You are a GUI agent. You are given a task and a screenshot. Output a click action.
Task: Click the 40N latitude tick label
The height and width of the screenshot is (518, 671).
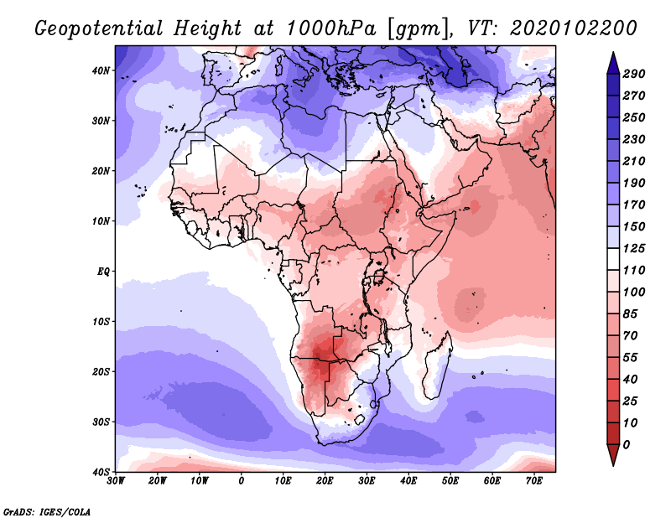(x=101, y=70)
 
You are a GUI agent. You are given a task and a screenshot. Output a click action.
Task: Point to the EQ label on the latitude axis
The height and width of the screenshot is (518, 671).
(x=103, y=272)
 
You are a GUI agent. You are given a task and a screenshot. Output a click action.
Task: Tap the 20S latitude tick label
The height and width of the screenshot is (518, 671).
(x=101, y=371)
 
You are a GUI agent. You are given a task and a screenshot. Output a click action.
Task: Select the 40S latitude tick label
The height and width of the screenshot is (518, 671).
(x=101, y=472)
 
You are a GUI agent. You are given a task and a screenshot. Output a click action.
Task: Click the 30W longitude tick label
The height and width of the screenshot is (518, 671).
(x=116, y=481)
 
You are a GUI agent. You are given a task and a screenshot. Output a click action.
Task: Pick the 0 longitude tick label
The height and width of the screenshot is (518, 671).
(x=242, y=481)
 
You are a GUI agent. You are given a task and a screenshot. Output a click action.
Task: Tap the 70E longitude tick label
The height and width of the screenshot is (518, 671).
(x=534, y=481)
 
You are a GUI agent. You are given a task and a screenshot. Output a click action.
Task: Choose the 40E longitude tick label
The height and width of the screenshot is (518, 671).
(x=408, y=481)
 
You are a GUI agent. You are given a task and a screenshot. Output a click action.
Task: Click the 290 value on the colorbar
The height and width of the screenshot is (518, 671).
(x=634, y=74)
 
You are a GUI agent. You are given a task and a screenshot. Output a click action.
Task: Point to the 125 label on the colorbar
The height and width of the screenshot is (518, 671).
(x=634, y=248)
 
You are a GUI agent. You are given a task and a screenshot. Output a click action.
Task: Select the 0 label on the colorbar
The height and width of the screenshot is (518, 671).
(x=627, y=445)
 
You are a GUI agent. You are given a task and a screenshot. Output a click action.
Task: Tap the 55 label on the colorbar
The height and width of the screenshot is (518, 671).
(x=631, y=358)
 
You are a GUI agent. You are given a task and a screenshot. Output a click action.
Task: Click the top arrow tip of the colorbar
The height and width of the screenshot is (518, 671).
(x=613, y=53)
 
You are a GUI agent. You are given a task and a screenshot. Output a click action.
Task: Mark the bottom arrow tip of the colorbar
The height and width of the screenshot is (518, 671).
(x=613, y=465)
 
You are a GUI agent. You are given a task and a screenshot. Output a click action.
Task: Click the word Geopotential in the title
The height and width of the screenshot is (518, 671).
(x=99, y=28)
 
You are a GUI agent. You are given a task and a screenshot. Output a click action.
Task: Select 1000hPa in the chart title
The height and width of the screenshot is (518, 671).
(x=331, y=28)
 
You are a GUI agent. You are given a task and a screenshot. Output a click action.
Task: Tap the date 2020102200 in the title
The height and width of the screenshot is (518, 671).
(x=574, y=28)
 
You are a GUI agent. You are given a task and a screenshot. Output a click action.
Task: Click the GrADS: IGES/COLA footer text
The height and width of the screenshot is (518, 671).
(x=47, y=512)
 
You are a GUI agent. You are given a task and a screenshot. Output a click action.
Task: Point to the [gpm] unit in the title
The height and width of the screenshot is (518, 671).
(x=419, y=29)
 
